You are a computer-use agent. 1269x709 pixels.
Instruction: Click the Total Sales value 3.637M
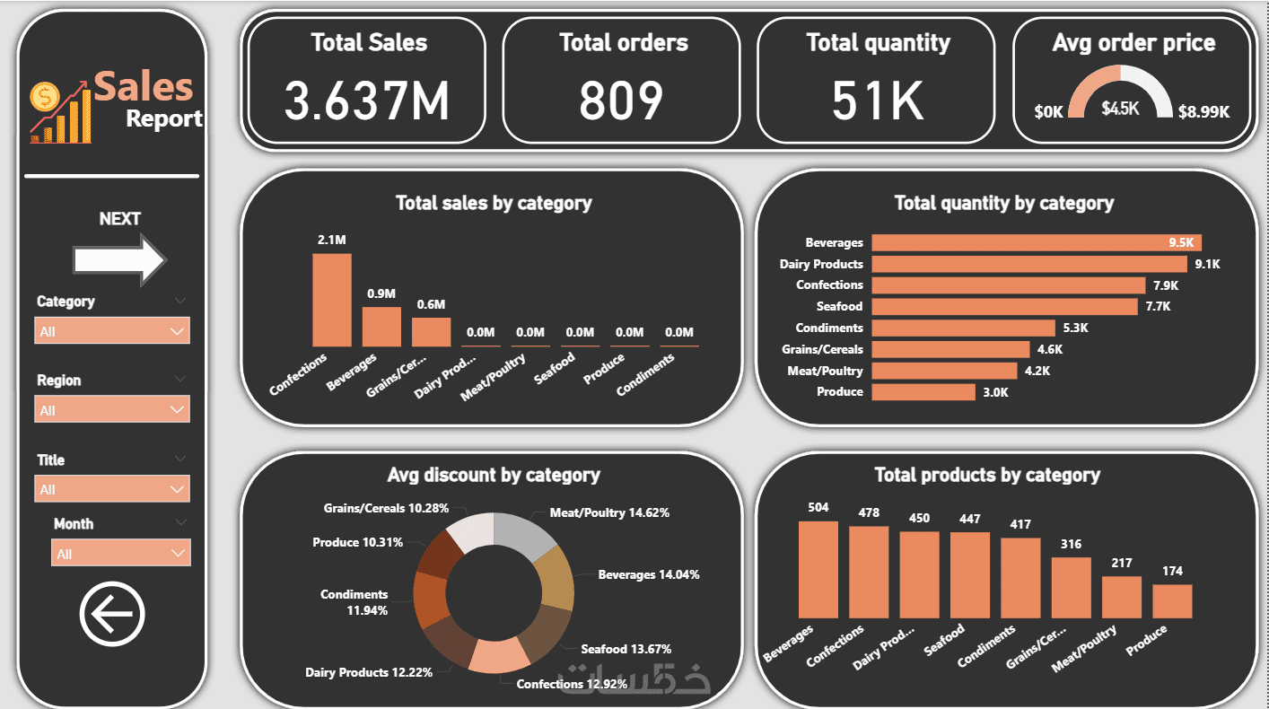click(367, 100)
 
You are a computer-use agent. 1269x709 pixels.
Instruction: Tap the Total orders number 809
click(621, 100)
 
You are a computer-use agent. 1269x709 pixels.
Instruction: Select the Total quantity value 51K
click(877, 100)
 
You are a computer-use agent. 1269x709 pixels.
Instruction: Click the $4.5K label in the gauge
click(1120, 109)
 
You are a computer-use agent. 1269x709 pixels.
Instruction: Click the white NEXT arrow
click(119, 260)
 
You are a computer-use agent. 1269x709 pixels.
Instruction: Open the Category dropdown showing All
click(112, 331)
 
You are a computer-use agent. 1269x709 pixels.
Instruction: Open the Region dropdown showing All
click(112, 410)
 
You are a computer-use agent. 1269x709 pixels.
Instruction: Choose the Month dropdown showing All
click(121, 554)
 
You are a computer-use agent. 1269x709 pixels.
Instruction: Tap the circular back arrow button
click(112, 614)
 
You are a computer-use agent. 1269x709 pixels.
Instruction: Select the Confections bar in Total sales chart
click(332, 300)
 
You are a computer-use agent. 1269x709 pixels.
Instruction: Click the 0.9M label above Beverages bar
click(381, 294)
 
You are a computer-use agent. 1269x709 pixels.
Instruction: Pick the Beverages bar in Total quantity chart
click(1036, 242)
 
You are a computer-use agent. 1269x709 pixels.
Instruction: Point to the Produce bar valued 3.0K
click(923, 392)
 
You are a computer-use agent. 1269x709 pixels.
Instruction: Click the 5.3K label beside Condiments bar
click(1074, 328)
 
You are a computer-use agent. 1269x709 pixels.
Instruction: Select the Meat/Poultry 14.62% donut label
click(609, 513)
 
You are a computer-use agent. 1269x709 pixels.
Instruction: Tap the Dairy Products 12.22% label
click(369, 672)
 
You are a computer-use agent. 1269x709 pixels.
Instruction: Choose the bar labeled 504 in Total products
click(818, 570)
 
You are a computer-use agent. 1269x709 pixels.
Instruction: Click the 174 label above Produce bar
click(1172, 571)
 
